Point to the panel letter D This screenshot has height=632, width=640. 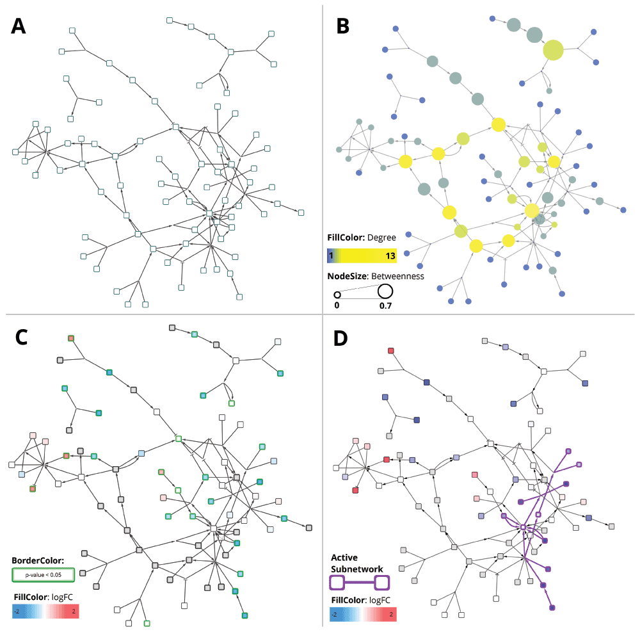(x=344, y=339)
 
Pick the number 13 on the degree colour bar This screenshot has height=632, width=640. (x=390, y=255)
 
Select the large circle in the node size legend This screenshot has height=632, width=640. (x=385, y=291)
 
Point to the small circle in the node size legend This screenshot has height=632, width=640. (x=337, y=295)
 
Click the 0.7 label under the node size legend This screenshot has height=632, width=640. (x=385, y=306)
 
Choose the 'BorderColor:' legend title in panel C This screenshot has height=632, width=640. (x=38, y=561)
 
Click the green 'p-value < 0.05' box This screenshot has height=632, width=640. (x=44, y=575)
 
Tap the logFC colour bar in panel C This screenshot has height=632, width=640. (x=45, y=611)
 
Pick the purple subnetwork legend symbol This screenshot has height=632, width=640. (x=359, y=583)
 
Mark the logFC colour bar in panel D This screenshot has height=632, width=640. (x=364, y=615)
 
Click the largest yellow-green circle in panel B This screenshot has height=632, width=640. (x=553, y=49)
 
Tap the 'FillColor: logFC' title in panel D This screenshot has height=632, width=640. (x=359, y=600)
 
